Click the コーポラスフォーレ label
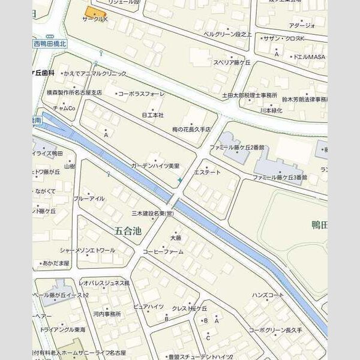coord(141,94)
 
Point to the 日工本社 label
coord(152,114)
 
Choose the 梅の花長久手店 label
coord(191,129)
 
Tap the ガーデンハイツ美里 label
coord(155,165)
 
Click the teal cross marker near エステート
coord(180,180)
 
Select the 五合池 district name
coord(127,230)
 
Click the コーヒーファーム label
coord(163,251)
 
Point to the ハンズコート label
coord(268,295)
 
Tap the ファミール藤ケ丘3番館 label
coord(280,178)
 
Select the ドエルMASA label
coord(308,56)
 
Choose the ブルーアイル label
coord(89,199)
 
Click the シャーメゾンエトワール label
coord(87,250)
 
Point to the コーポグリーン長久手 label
coord(275,330)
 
